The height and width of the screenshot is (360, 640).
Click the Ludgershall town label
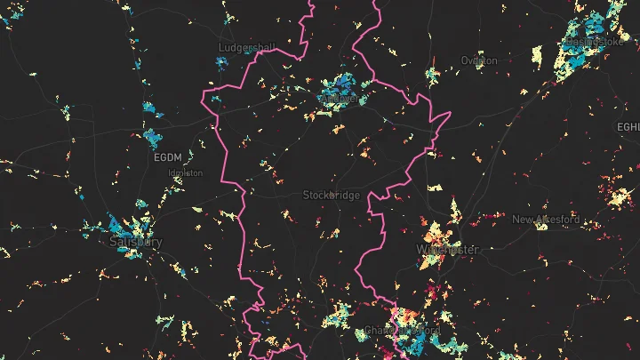tap(247, 46)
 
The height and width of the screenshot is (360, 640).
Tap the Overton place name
tap(479, 60)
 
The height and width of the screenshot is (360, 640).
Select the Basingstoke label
tap(594, 42)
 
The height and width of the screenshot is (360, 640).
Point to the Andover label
tap(339, 100)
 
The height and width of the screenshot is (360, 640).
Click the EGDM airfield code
tap(166, 157)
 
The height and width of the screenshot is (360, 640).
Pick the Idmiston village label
tap(185, 172)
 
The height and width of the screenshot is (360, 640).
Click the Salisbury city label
tap(136, 242)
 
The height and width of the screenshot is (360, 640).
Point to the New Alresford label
tap(546, 220)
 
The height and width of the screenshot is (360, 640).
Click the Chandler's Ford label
tap(402, 331)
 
